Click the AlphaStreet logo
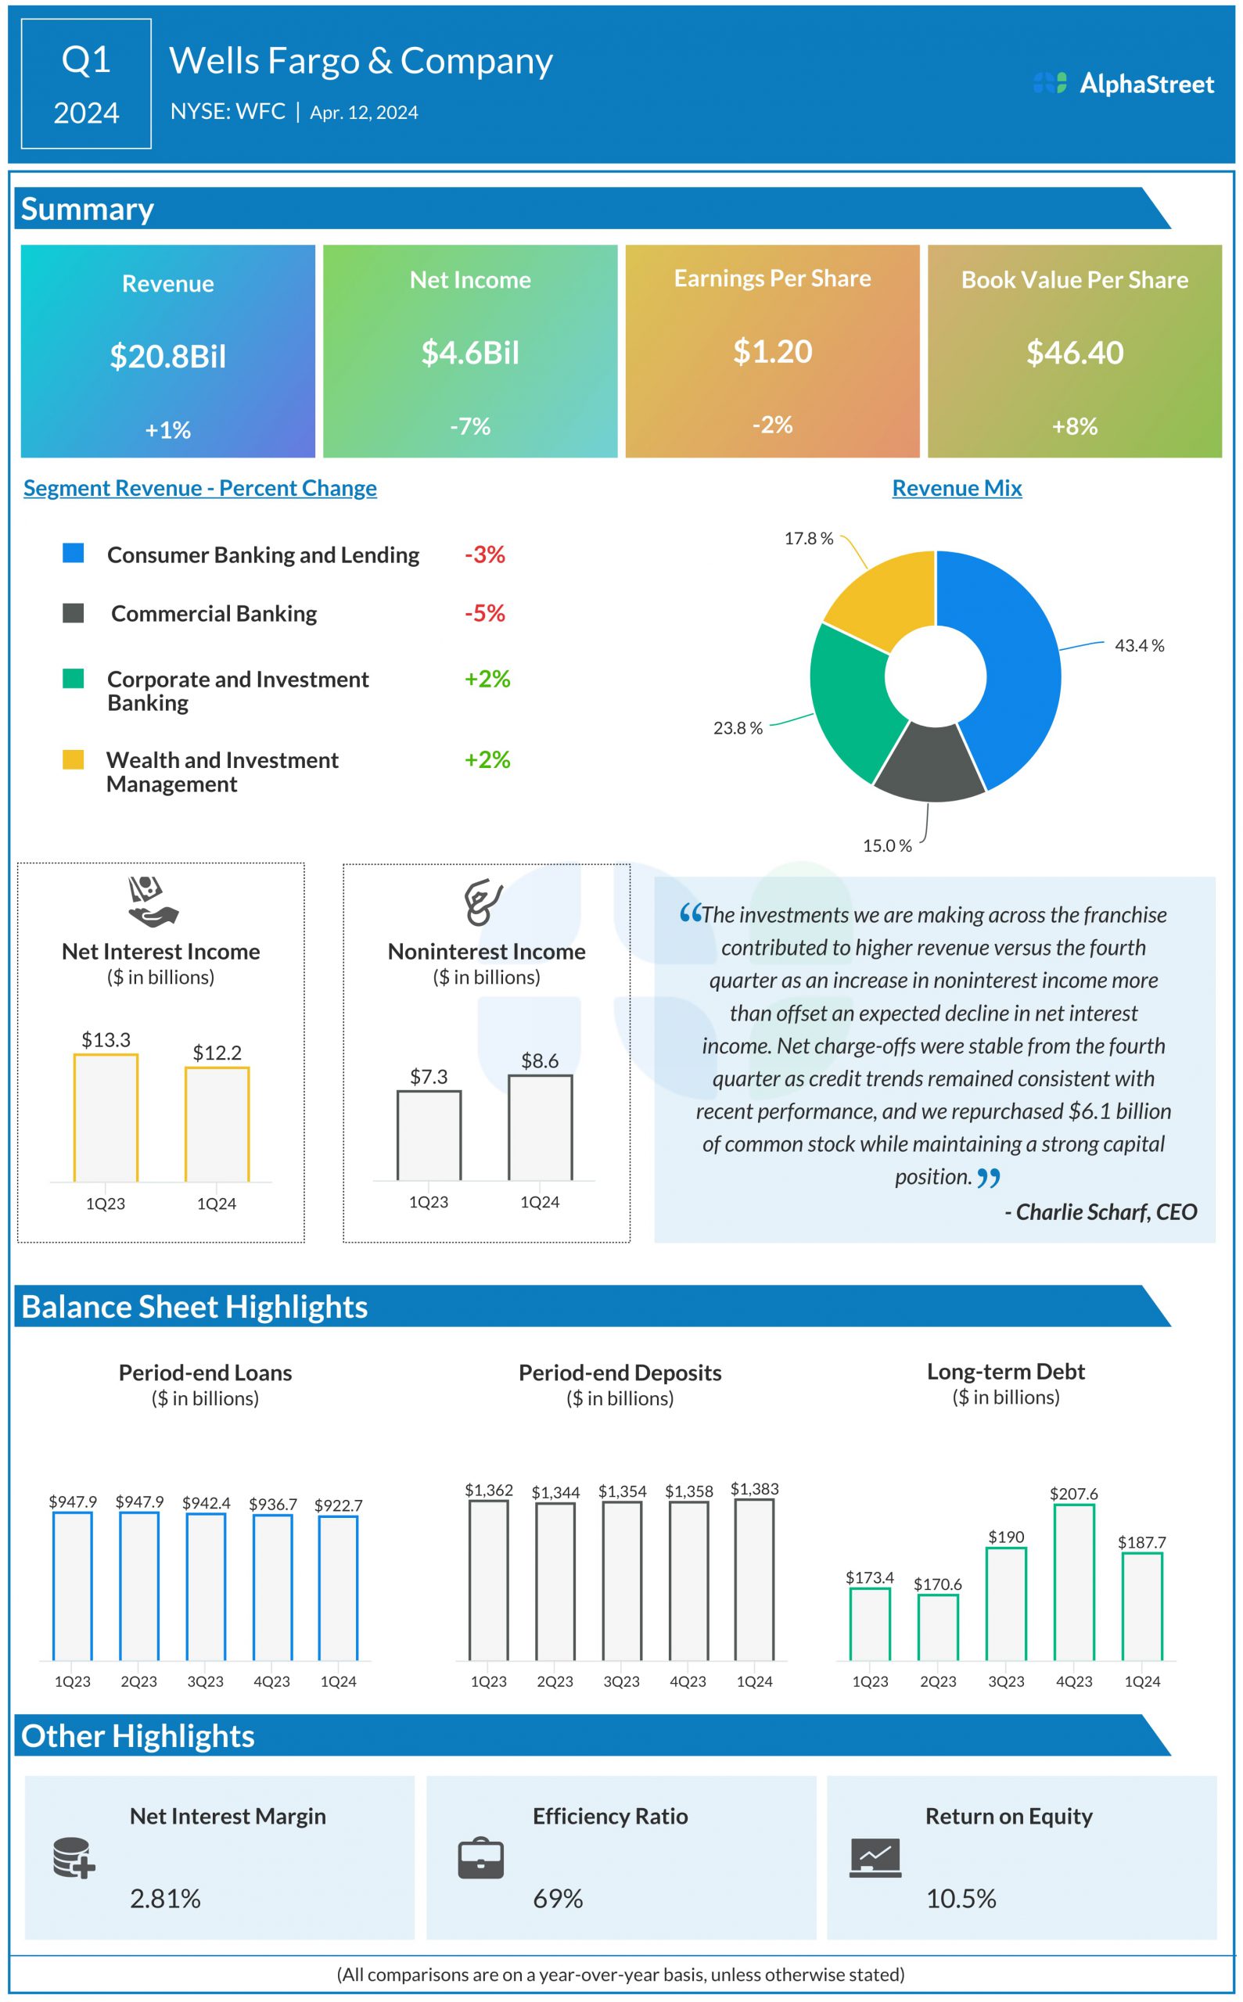pyautogui.click(x=1123, y=84)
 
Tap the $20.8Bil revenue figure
pyautogui.click(x=167, y=357)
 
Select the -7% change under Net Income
pyautogui.click(x=470, y=425)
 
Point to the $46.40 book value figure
pyautogui.click(x=1075, y=353)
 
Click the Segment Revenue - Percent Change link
pyautogui.click(x=199, y=488)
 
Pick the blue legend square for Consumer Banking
pyautogui.click(x=74, y=553)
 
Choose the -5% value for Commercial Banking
pyautogui.click(x=484, y=613)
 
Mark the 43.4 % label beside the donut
pyautogui.click(x=1139, y=646)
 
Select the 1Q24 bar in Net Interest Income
pyautogui.click(x=217, y=1125)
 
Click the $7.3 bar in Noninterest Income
pyautogui.click(x=429, y=1136)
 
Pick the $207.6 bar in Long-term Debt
pyautogui.click(x=1074, y=1582)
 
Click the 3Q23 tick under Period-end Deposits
pyautogui.click(x=621, y=1681)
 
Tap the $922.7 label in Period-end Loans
pyautogui.click(x=338, y=1505)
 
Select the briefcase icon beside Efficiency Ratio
pyautogui.click(x=481, y=1858)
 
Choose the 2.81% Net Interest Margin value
pyautogui.click(x=165, y=1899)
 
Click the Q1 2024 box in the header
pyautogui.click(x=86, y=84)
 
